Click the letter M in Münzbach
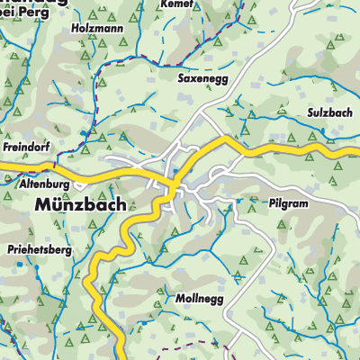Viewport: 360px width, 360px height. [x=41, y=204]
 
